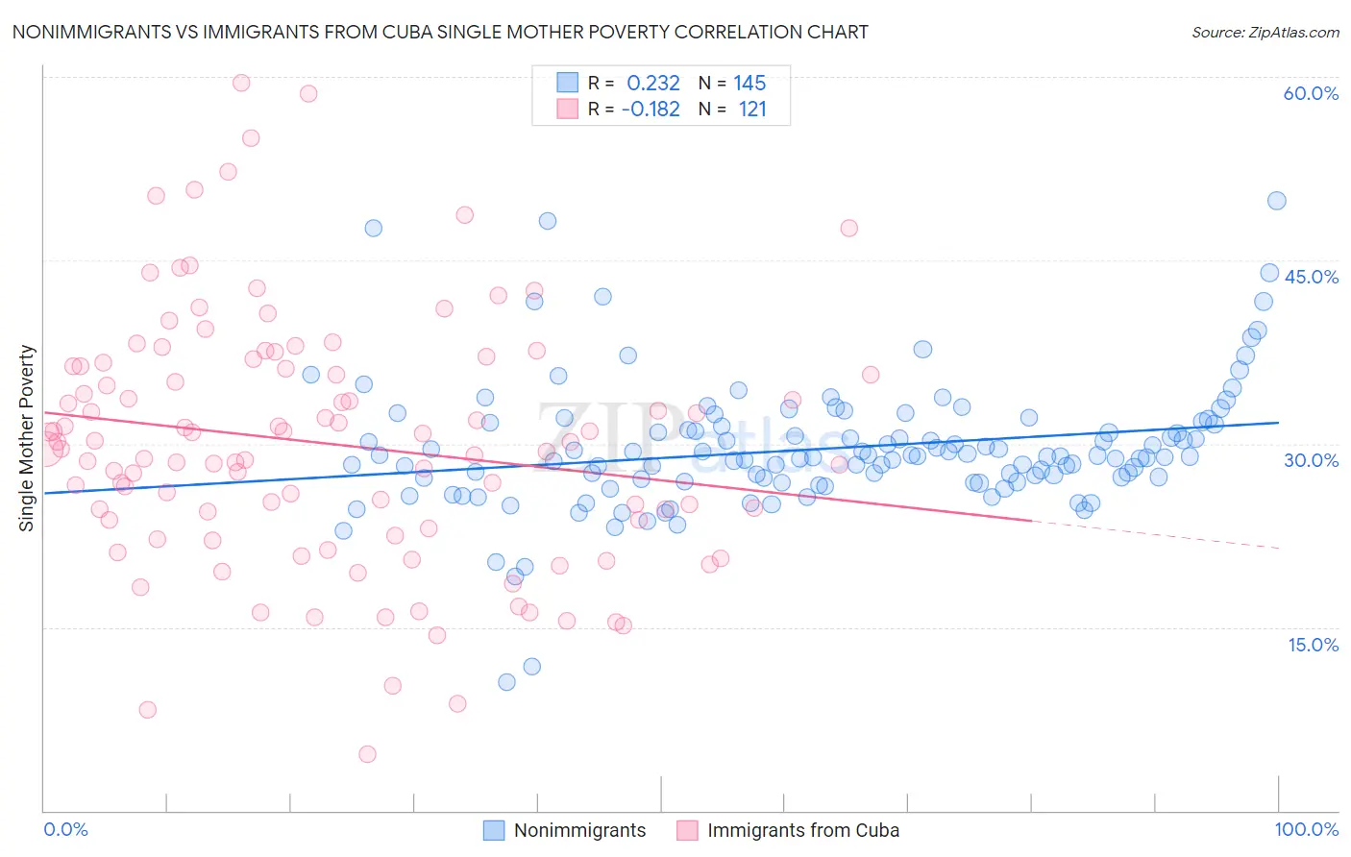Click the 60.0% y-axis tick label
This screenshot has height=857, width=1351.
[x=1311, y=93]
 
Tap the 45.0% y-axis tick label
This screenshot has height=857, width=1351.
[x=1311, y=277]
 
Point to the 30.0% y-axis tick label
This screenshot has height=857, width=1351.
[x=1311, y=460]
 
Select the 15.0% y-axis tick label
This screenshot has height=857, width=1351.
[x=1313, y=645]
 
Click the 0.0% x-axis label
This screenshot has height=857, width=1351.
[x=65, y=829]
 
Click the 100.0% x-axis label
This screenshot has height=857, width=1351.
[x=1306, y=829]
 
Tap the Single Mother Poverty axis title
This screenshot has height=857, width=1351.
[x=27, y=438]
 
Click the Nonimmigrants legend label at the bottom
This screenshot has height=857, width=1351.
[x=579, y=830]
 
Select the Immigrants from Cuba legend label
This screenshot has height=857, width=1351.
[x=803, y=830]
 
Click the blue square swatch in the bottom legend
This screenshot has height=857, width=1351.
[x=493, y=830]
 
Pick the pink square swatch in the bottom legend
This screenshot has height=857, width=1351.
[x=687, y=830]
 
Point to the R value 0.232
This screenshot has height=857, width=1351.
[x=652, y=84]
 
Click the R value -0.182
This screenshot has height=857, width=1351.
[x=651, y=110]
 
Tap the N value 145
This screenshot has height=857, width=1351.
[x=749, y=84]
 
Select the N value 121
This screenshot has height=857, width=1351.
[x=752, y=110]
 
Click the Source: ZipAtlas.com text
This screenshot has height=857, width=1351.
[x=1265, y=33]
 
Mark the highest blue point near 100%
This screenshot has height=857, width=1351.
[x=1276, y=201]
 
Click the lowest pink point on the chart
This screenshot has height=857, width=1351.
[x=367, y=754]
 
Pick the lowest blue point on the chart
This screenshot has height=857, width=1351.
[x=506, y=682]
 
